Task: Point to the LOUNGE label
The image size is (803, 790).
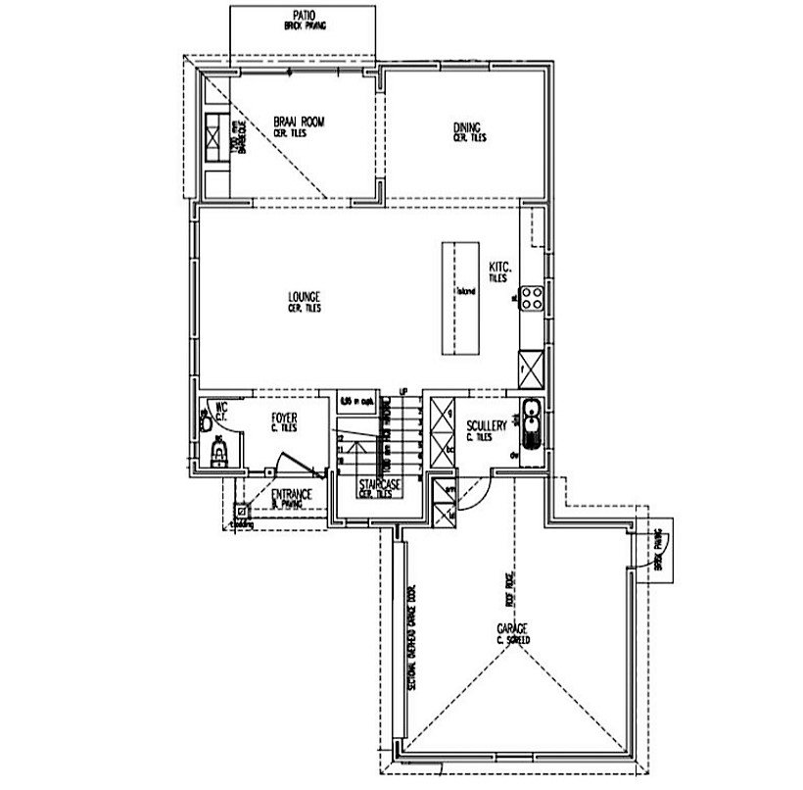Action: [305, 295]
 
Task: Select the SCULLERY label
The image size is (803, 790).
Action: [487, 425]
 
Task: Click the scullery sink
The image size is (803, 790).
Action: [533, 423]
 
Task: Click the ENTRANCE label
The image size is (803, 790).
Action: [292, 495]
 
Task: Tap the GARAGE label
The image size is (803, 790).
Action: [513, 627]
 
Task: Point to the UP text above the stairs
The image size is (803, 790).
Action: [401, 391]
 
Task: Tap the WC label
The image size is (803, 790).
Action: [221, 405]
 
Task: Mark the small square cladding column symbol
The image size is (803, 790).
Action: [240, 510]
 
